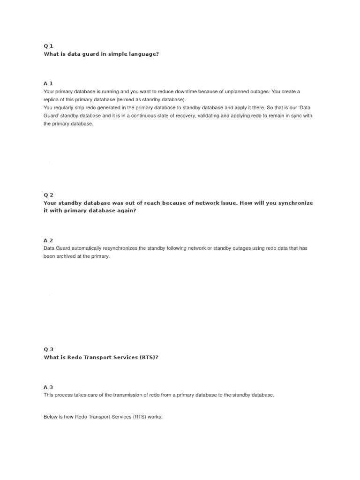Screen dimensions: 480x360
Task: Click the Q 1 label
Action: click(48, 46)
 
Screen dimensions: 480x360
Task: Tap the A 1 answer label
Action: click(48, 83)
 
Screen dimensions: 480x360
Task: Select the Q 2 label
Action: click(48, 195)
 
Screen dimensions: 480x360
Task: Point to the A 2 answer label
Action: click(48, 240)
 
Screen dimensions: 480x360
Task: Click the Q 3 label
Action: click(48, 349)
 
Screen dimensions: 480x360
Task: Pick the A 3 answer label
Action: click(48, 387)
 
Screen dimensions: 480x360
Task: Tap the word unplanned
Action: click(236, 91)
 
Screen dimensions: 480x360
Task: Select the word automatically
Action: click(92, 248)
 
